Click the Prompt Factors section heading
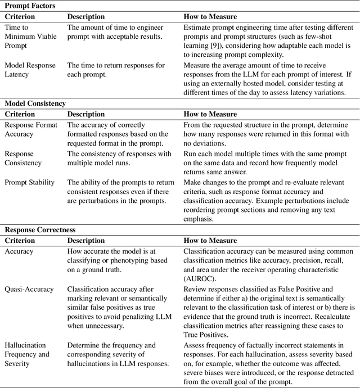pyautogui.click(x=31, y=5)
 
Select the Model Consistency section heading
pyautogui.click(x=35, y=103)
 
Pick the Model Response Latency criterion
pyautogui.click(x=30, y=70)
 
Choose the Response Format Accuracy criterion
pyautogui.click(x=31, y=129)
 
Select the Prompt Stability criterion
pyautogui.click(x=29, y=182)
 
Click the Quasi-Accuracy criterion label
pyautogui.click(x=29, y=289)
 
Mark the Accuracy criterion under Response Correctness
pyautogui.click(x=19, y=252)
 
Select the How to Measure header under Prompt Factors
pyautogui.click(x=210, y=17)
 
